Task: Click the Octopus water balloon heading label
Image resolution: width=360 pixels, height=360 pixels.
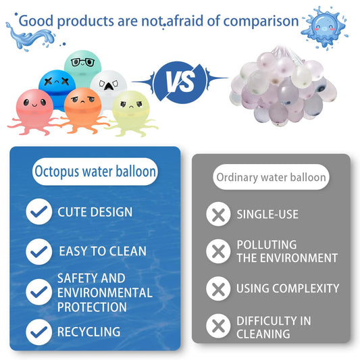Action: tap(95, 172)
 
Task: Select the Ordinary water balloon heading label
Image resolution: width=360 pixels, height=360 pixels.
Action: tap(272, 178)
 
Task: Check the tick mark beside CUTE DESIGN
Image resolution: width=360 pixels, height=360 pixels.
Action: tap(38, 212)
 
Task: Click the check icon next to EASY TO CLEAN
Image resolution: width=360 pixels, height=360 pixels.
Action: tap(38, 251)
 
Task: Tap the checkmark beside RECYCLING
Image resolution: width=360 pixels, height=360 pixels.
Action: tap(38, 332)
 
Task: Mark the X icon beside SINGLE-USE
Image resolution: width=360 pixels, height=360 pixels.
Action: tap(217, 215)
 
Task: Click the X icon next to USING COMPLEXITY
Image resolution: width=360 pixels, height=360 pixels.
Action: tap(217, 289)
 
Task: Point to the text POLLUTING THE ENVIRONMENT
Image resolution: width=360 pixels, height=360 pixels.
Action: tap(286, 251)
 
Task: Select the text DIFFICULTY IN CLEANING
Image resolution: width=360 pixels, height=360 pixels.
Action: tap(274, 328)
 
